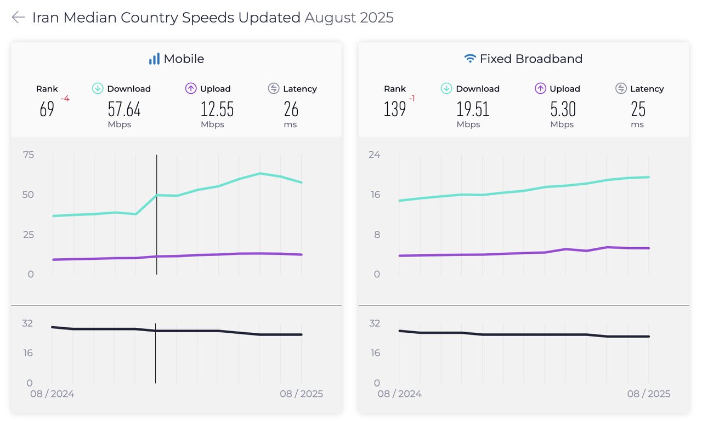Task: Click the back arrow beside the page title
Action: click(x=18, y=18)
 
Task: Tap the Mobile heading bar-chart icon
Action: click(x=154, y=59)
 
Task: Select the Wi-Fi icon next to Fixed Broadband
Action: click(x=470, y=59)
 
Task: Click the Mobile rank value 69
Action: click(x=47, y=110)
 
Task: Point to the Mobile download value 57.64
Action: click(x=124, y=110)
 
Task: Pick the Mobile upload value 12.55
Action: click(x=217, y=110)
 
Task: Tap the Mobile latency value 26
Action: click(x=291, y=110)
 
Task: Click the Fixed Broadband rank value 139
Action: click(x=395, y=110)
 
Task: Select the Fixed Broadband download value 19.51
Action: click(x=473, y=110)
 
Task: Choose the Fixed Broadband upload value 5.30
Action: click(x=563, y=110)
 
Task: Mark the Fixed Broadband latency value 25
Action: click(x=638, y=110)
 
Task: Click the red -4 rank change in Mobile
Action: click(x=65, y=99)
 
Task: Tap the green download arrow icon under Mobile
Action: click(x=98, y=88)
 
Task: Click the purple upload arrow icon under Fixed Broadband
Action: click(x=540, y=88)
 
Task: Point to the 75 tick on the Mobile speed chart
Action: click(x=28, y=155)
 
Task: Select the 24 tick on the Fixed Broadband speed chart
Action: click(x=374, y=155)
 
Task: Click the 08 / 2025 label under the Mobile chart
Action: click(x=301, y=394)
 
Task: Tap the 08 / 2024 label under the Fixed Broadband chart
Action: click(x=399, y=394)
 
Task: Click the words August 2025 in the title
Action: click(x=349, y=18)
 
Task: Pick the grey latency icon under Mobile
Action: click(x=274, y=88)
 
